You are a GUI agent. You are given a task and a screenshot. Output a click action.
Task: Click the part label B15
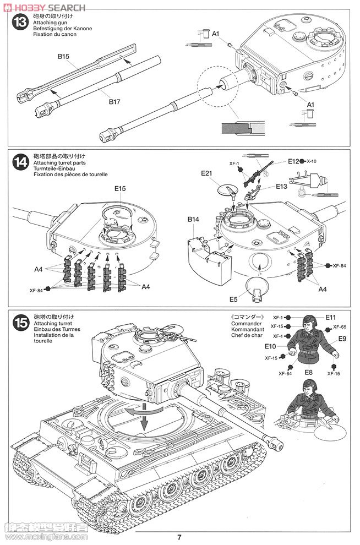63,56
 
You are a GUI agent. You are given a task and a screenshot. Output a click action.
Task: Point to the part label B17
114,102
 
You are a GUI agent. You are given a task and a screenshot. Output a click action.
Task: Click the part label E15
121,188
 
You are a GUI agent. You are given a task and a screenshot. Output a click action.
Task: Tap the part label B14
193,219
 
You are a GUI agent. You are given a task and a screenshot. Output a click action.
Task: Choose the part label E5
233,299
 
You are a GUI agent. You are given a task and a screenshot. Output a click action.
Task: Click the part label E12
293,161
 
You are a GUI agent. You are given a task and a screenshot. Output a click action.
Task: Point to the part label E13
281,186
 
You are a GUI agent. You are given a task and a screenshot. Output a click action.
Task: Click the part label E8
309,373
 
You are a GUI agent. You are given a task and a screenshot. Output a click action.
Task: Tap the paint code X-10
312,161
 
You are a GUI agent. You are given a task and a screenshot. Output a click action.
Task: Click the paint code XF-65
339,327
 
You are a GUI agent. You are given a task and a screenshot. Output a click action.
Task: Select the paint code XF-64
285,373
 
